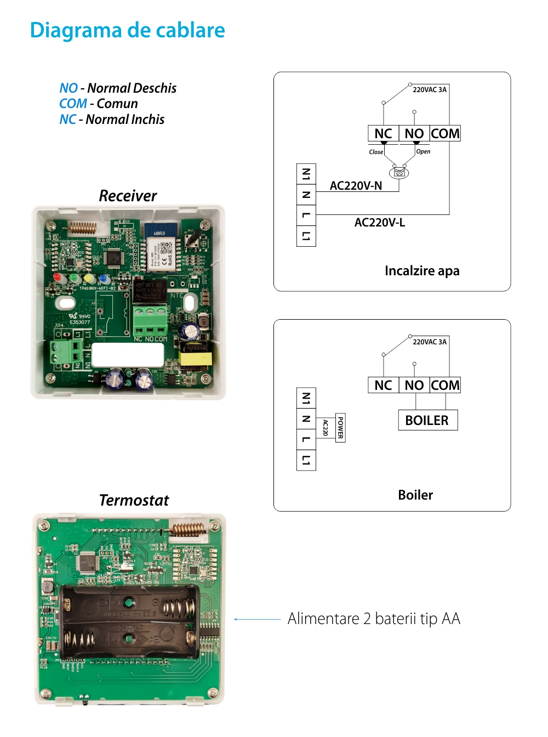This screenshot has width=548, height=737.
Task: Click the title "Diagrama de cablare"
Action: coord(127,30)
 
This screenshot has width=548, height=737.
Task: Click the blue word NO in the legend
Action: coord(68,88)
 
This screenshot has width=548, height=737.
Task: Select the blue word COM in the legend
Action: coord(73,104)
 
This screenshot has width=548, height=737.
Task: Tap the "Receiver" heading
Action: coord(128,196)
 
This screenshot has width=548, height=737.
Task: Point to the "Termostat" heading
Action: coord(134,500)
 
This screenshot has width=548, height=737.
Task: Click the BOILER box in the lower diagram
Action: coord(427,421)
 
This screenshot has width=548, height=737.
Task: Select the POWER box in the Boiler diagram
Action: coord(340,428)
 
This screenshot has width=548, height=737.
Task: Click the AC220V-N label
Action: coord(356,186)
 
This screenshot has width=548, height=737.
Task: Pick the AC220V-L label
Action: coord(379,223)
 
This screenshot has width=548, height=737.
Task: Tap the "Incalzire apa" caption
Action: coord(422,271)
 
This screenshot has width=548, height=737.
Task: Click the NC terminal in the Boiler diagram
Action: coord(383,385)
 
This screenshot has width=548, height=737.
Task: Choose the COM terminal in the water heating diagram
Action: coord(445,134)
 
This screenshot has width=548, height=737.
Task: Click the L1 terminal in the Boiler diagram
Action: coord(306,460)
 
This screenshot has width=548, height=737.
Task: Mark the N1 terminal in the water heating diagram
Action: coord(306,174)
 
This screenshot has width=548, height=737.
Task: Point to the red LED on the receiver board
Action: coord(57,277)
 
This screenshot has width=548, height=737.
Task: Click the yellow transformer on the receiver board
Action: coord(195,359)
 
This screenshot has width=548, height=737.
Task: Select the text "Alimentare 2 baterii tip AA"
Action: coord(374,619)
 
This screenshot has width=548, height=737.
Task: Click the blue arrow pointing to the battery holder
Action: coord(257,619)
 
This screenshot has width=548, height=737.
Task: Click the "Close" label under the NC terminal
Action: coord(376,152)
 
